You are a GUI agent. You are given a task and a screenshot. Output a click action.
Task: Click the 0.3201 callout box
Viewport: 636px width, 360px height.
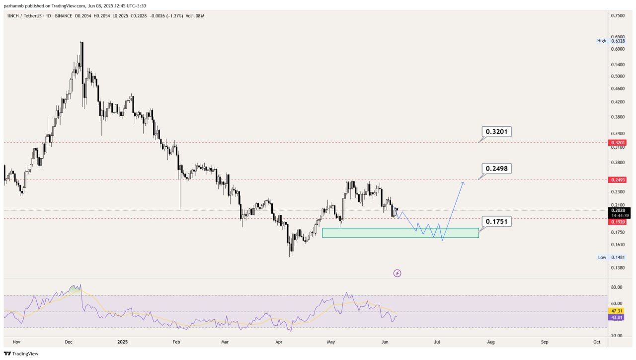click(496, 132)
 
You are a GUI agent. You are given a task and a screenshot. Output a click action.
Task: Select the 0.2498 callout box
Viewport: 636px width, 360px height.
click(496, 169)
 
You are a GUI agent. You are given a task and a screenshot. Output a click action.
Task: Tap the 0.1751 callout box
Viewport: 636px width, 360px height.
click(496, 222)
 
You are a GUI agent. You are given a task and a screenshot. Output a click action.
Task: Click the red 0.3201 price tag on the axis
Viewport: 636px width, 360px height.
click(618, 143)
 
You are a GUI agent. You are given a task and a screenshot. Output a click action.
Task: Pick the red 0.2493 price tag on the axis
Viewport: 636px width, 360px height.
click(618, 180)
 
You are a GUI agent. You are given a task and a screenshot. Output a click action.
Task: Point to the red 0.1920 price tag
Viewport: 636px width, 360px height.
click(618, 222)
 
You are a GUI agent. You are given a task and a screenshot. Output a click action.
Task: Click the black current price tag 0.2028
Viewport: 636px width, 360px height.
click(619, 213)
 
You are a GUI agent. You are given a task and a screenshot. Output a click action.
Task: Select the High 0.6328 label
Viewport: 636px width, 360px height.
click(611, 41)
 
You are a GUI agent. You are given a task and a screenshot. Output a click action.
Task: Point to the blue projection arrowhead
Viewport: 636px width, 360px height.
click(463, 183)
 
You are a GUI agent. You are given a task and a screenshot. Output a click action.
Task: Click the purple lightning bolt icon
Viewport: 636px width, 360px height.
click(397, 273)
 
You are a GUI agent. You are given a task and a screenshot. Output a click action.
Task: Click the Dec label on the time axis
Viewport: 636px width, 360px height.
click(69, 342)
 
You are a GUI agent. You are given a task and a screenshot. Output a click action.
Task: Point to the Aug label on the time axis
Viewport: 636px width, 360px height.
click(491, 342)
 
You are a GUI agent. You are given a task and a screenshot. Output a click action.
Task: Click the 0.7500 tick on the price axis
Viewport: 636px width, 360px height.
click(618, 16)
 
